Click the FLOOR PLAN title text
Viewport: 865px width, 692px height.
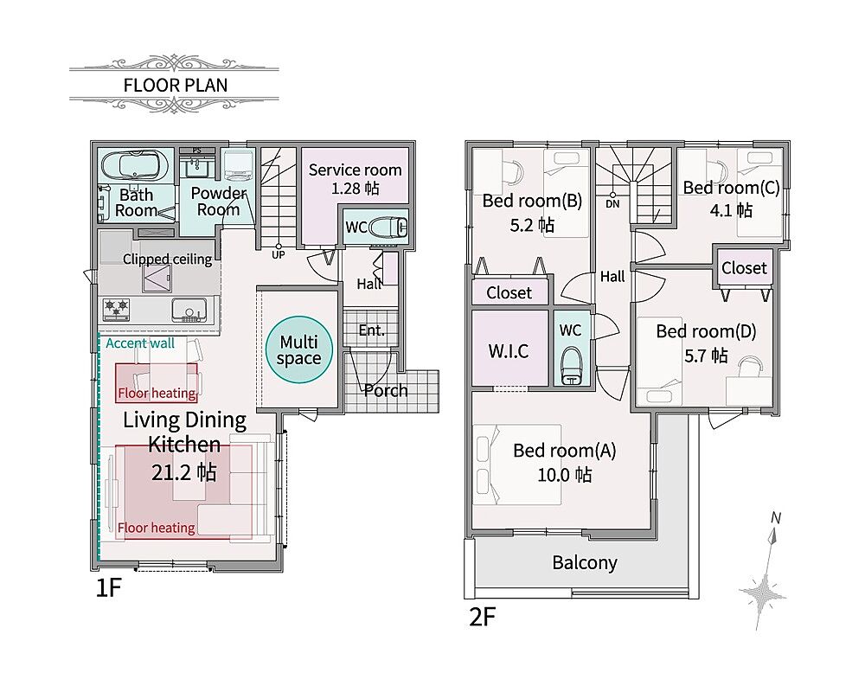(x=176, y=85)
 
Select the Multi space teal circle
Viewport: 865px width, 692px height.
(x=299, y=349)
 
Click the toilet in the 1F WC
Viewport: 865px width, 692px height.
(x=388, y=227)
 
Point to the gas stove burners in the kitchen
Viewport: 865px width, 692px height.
(x=117, y=309)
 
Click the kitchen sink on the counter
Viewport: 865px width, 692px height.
(x=189, y=311)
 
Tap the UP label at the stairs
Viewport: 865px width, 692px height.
(x=278, y=255)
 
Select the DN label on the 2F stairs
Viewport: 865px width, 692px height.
(x=612, y=203)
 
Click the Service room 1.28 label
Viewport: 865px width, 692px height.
(x=355, y=179)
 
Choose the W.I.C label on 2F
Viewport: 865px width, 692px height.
(x=509, y=351)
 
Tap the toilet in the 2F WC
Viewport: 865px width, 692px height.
(x=571, y=365)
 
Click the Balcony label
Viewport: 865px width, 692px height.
(x=585, y=563)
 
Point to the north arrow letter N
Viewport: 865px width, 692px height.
(x=776, y=517)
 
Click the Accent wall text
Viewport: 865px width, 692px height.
(x=140, y=343)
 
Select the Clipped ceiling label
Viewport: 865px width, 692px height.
(x=167, y=259)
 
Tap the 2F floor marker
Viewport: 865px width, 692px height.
(x=482, y=617)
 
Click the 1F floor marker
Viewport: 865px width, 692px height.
(x=108, y=587)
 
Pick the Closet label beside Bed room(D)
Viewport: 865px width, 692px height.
(x=744, y=268)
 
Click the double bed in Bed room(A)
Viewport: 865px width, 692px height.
(x=517, y=465)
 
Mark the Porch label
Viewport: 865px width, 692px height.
(x=386, y=391)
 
